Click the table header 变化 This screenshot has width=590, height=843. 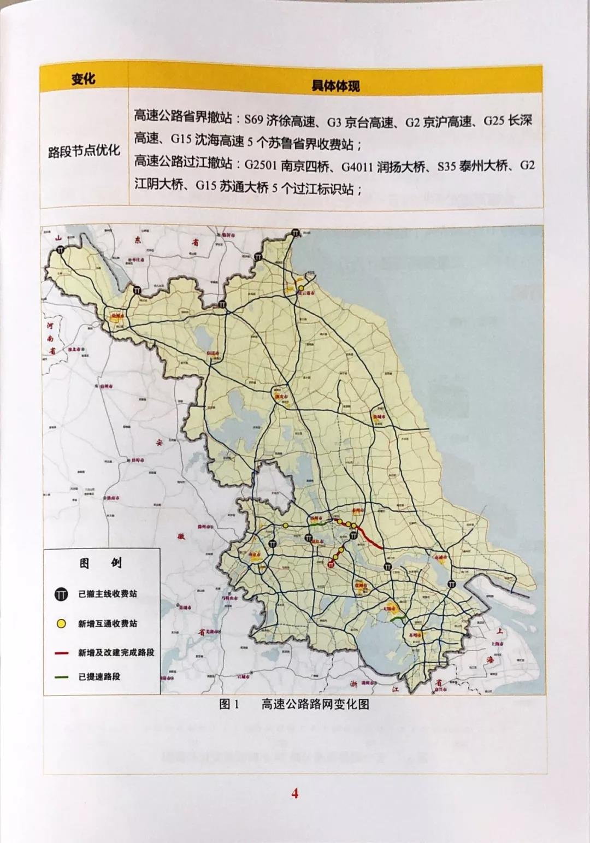coord(84,80)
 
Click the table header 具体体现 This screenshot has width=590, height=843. coord(335,85)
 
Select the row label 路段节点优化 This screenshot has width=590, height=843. coord(84,151)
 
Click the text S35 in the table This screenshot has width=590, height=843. coord(446,166)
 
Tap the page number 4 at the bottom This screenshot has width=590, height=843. coord(295,793)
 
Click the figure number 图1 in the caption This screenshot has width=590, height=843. coord(229,705)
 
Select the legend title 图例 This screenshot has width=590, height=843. coord(101,563)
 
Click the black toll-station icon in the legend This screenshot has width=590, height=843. coord(61,594)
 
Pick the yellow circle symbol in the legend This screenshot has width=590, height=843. coord(61,623)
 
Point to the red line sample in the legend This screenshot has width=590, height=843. coord(61,653)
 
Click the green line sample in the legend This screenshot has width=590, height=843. coord(61,677)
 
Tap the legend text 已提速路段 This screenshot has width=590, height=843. coord(99,677)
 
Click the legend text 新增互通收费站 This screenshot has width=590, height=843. coord(107,623)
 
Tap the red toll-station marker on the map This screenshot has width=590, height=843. coord(332,565)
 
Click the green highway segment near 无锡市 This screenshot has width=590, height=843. coord(399,617)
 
